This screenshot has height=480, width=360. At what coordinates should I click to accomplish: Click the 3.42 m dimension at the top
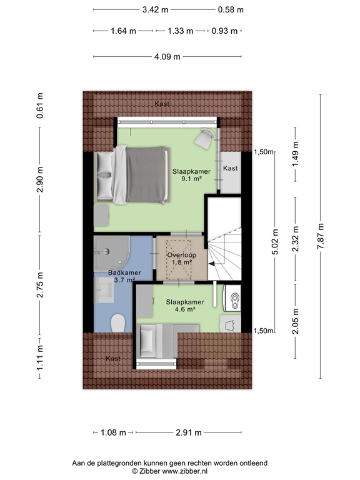click(x=155, y=9)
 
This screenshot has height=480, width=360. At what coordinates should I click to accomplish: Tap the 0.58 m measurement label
click(x=231, y=9)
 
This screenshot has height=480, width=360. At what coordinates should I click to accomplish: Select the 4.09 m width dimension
click(x=167, y=57)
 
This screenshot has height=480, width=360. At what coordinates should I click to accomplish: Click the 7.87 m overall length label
click(x=321, y=236)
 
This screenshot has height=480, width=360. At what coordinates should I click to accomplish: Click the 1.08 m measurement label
click(x=113, y=432)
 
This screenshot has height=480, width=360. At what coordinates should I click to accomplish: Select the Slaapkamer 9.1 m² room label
click(x=191, y=174)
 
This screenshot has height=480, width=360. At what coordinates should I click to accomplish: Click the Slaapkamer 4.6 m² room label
click(x=181, y=305)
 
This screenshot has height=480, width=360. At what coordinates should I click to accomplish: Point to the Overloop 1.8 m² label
click(x=180, y=259)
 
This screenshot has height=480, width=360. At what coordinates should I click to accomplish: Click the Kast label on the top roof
click(x=163, y=103)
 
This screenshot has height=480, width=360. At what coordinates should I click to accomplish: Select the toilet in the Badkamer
click(x=117, y=322)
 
